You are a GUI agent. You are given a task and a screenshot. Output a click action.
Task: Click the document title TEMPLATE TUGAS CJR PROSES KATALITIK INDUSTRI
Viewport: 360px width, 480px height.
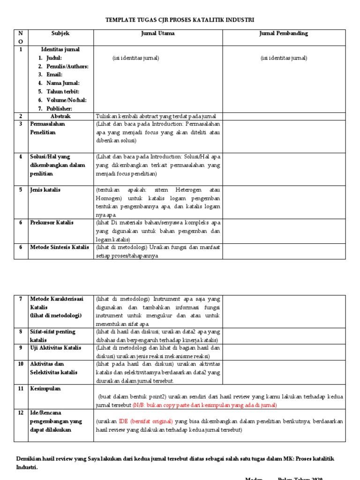(x=180, y=20)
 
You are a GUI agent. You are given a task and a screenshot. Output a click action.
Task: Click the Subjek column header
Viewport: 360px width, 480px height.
(x=60, y=34)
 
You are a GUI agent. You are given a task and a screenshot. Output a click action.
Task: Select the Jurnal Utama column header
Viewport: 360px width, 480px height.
(x=158, y=34)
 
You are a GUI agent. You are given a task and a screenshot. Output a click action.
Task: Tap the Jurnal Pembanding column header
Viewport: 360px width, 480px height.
(x=284, y=34)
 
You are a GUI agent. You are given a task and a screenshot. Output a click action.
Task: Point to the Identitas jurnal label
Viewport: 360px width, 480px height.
(x=60, y=49)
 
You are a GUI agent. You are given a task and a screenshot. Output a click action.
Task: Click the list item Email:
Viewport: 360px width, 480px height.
(x=54, y=75)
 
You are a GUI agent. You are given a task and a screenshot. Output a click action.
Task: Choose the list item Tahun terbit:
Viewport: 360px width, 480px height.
(x=62, y=91)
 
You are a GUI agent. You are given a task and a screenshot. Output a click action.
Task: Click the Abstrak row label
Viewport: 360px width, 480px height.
(x=60, y=116)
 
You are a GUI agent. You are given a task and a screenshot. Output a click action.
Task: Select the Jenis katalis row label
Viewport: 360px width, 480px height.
(x=45, y=190)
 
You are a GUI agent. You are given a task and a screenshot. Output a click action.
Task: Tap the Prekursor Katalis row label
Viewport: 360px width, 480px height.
(x=52, y=223)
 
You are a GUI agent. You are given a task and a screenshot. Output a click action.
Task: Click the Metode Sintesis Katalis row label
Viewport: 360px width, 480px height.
(x=59, y=247)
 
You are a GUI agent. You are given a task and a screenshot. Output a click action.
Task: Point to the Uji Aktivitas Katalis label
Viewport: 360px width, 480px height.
(x=56, y=348)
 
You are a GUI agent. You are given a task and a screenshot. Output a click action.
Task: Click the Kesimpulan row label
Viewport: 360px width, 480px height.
(x=45, y=389)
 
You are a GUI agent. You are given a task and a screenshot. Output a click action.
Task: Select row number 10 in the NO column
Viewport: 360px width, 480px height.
(x=21, y=364)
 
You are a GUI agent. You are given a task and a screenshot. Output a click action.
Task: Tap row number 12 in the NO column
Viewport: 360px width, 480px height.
(x=21, y=413)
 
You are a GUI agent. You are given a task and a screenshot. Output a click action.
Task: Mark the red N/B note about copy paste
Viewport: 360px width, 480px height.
(x=205, y=405)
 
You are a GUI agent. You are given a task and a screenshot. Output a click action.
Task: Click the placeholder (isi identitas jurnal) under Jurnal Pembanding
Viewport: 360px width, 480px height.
(x=284, y=58)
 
